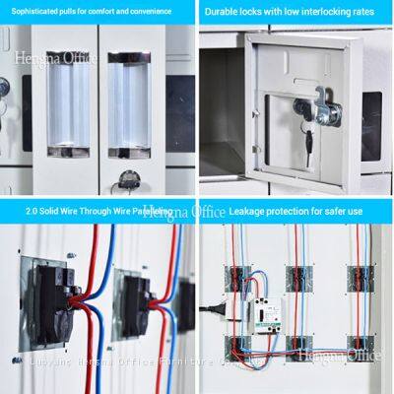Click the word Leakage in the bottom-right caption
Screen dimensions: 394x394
[246, 210]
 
